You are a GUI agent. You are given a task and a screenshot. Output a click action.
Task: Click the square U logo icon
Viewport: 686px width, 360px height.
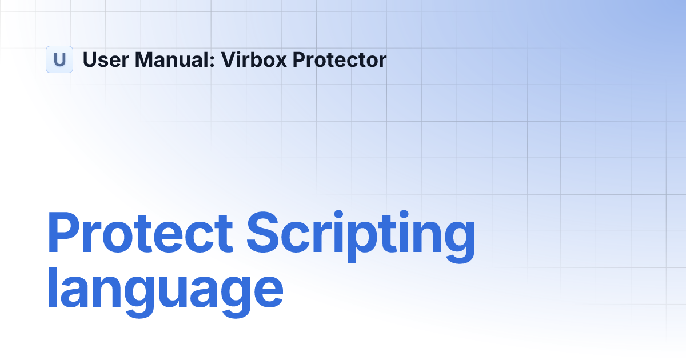click(59, 59)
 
